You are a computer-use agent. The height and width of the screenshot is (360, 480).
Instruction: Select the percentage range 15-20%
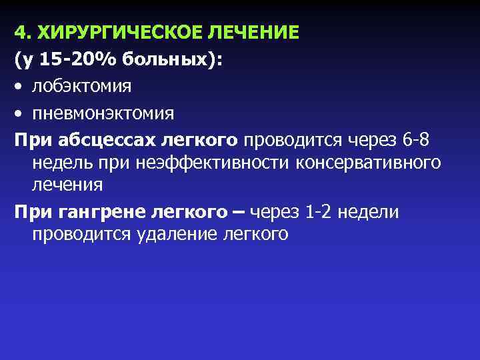73,59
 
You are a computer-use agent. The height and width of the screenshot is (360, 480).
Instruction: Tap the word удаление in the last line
174,234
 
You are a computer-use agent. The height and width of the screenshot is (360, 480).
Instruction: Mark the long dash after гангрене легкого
237,212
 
